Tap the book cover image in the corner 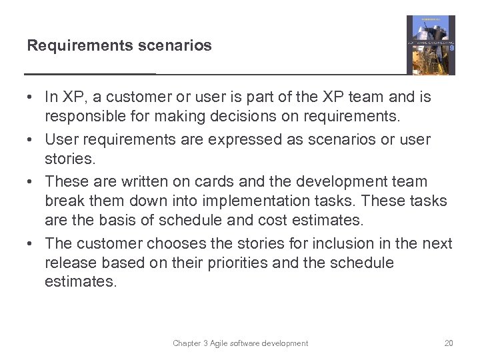click(431, 45)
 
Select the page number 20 click(448, 343)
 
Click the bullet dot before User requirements click(31, 140)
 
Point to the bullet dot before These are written click(31, 181)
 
